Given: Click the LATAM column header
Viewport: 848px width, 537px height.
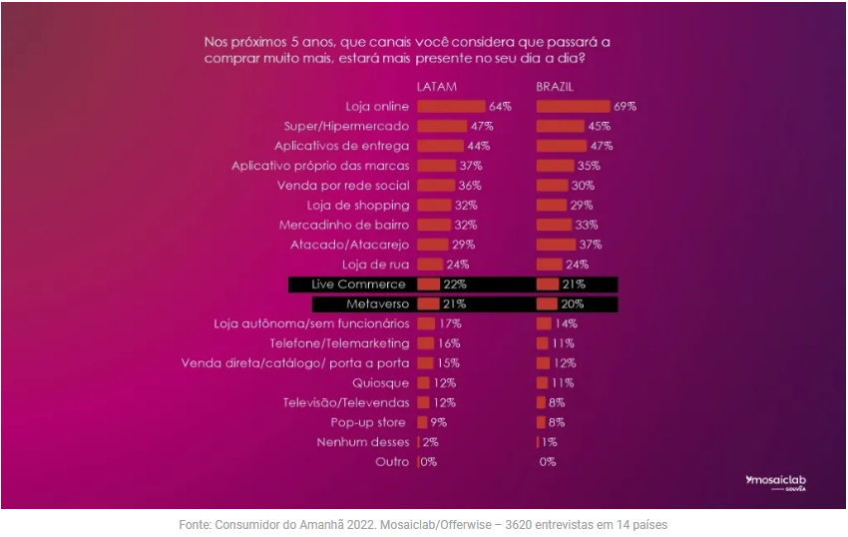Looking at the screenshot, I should [x=436, y=87].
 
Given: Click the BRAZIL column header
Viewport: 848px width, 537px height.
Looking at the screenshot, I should [x=555, y=87].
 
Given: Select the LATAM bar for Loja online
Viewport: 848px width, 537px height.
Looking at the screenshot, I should [x=451, y=106].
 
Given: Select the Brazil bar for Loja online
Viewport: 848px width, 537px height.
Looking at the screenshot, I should [x=573, y=106].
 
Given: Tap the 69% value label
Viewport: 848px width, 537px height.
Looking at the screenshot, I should [x=626, y=106].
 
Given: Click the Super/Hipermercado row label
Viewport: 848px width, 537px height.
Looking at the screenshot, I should [x=346, y=126].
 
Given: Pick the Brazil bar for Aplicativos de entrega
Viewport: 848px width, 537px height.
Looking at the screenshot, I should [x=561, y=146].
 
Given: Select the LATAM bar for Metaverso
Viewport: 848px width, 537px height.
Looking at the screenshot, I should [x=428, y=303].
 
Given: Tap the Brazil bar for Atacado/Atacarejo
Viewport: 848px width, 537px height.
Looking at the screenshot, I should [x=556, y=245].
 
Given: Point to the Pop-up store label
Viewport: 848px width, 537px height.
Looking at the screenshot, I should [x=368, y=422].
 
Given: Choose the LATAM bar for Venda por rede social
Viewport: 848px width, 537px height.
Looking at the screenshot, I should [x=436, y=186].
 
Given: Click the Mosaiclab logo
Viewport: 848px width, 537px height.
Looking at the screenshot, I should [x=775, y=482].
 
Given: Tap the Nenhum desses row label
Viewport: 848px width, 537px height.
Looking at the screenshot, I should [x=362, y=442].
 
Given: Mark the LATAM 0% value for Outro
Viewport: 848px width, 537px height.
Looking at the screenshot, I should [x=428, y=462].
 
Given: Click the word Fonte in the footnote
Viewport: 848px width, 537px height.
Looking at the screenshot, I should [x=197, y=524].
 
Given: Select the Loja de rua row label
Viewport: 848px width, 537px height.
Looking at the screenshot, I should [x=375, y=265].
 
